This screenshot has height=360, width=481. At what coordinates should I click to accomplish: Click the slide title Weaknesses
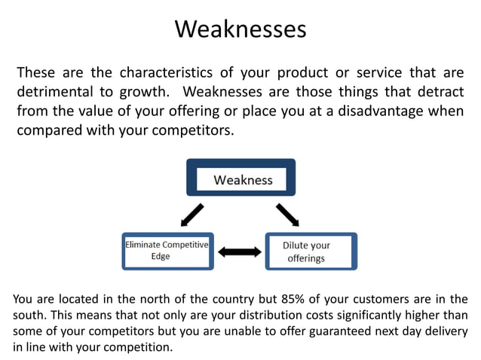240,29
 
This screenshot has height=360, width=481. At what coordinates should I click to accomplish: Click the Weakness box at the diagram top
241,180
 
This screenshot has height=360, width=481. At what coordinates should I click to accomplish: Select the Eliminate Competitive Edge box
167,251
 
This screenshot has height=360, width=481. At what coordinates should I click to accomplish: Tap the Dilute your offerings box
311,252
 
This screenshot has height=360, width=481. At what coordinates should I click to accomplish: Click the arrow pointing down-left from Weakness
191,215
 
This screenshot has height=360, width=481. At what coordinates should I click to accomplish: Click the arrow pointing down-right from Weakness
288,214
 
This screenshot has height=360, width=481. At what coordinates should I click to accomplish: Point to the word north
146,300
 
